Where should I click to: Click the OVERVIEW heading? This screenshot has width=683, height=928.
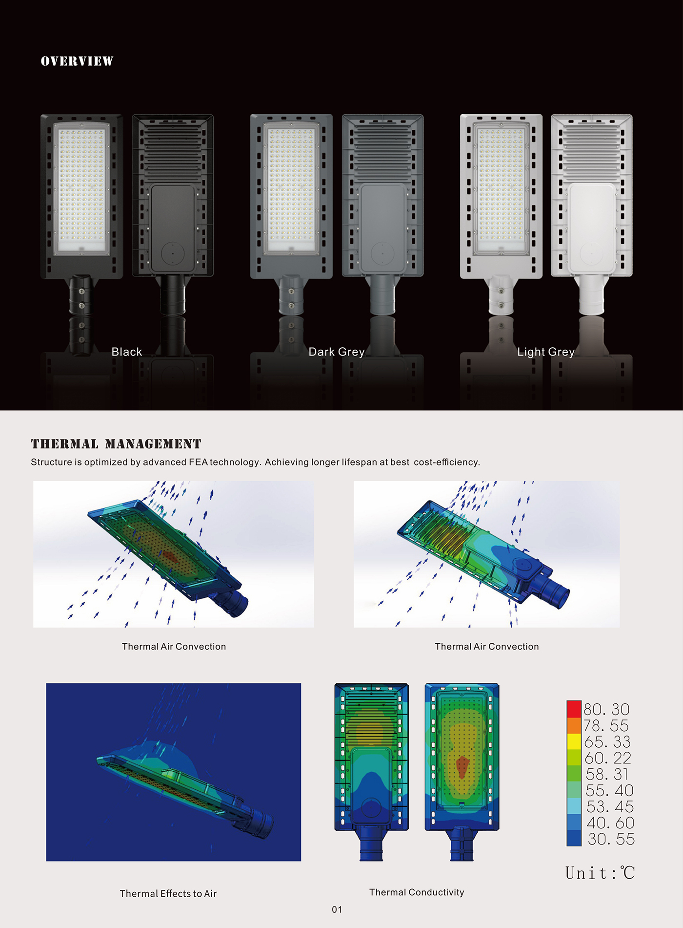pos(77,61)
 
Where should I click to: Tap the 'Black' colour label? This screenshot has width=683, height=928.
pos(127,352)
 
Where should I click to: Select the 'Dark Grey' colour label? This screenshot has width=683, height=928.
pos(337,352)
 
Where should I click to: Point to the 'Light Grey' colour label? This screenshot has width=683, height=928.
pos(546,352)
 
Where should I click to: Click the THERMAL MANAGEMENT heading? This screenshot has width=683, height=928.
pos(116,444)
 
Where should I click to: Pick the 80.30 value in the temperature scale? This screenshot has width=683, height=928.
pos(606,709)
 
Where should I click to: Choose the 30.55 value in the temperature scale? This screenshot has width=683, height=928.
pos(611,839)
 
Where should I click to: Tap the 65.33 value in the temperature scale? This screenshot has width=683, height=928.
pos(607,742)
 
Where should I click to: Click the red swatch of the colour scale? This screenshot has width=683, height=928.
pos(574,709)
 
